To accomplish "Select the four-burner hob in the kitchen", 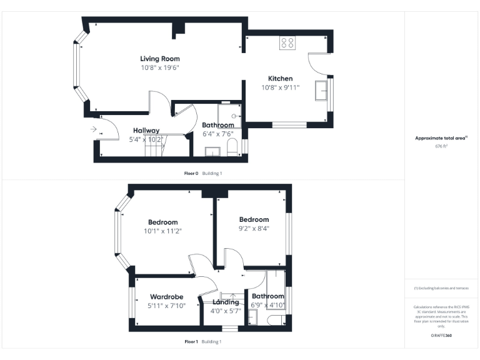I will [x=287, y=42].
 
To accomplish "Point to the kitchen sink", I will [x=322, y=89].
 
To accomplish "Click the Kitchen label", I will [x=280, y=79].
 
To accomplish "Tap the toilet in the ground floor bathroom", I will [x=232, y=147].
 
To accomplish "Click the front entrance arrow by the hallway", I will [x=93, y=129].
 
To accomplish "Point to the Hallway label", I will [x=146, y=131].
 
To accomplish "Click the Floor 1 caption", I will [x=191, y=342].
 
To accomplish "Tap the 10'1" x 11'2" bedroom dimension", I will [x=162, y=231].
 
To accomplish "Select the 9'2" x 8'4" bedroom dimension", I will [x=254, y=228].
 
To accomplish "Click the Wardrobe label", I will [x=166, y=297].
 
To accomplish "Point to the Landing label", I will [x=225, y=302].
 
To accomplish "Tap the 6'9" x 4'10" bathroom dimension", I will [x=267, y=305].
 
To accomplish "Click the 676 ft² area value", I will [x=441, y=146].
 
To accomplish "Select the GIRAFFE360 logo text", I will [x=441, y=336].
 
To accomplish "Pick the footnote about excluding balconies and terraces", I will [x=441, y=288].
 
